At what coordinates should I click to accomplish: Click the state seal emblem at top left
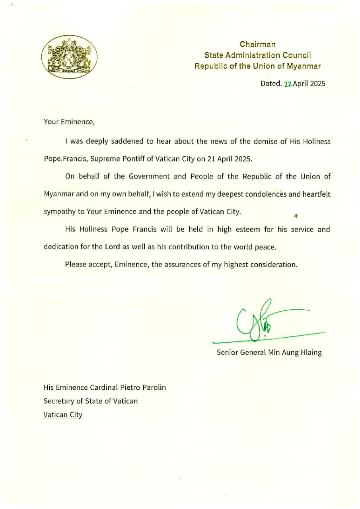point(70,56)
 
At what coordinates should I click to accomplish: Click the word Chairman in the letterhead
point(257,44)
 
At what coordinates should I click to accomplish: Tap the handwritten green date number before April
point(288,84)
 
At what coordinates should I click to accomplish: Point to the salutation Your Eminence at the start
point(69,122)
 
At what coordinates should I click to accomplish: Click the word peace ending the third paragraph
point(265,247)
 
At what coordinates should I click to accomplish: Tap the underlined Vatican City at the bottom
point(63,414)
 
